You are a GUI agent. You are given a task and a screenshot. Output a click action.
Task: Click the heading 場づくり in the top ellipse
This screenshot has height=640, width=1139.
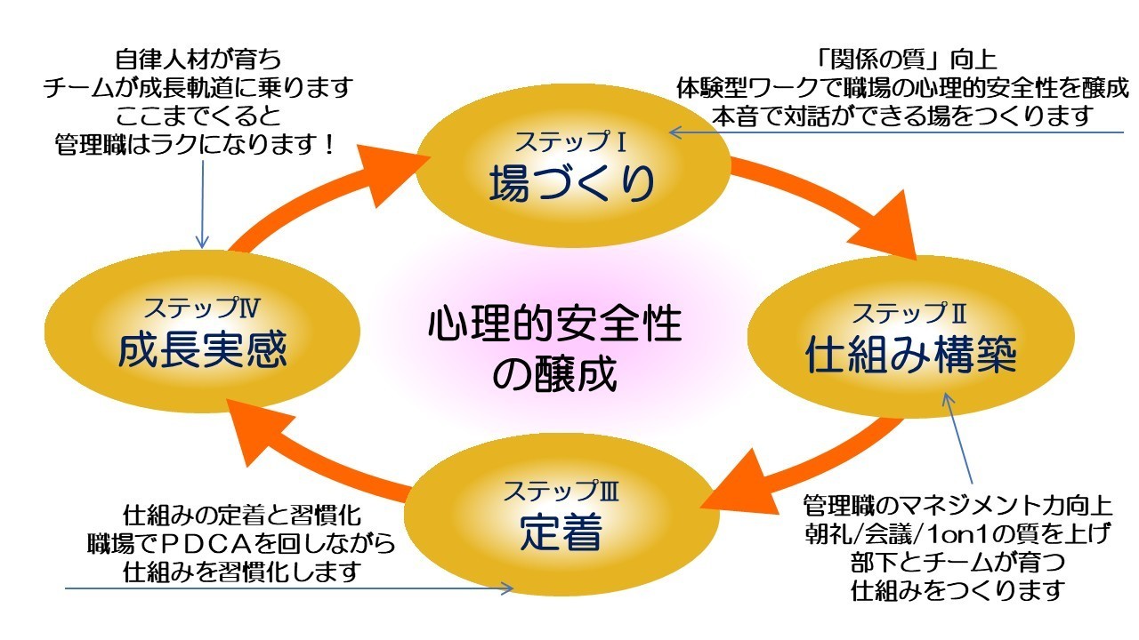[x=572, y=183]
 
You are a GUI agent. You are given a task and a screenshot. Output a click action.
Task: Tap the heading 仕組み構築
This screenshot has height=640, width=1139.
[x=910, y=356]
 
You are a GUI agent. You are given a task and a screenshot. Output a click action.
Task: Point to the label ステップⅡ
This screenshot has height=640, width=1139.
[x=909, y=313]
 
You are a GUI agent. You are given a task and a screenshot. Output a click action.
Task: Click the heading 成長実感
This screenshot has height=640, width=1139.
[x=203, y=350]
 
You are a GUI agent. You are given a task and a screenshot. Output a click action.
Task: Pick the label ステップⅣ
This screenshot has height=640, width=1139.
[x=202, y=308]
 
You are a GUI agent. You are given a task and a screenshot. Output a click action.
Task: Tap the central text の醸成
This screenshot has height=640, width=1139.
[x=554, y=374]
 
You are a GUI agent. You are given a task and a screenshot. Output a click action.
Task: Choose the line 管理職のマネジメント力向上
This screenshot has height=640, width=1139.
[x=957, y=507]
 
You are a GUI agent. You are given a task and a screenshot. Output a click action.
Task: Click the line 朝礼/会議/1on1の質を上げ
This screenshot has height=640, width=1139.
[x=957, y=534]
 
